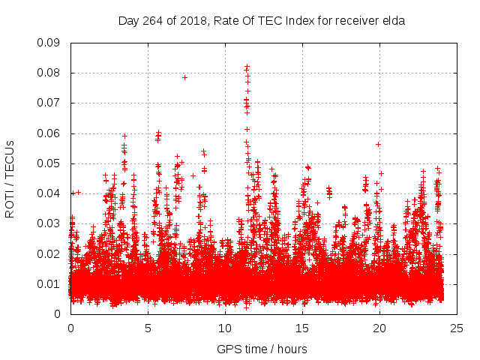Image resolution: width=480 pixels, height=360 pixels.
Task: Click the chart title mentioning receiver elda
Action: click(x=262, y=21)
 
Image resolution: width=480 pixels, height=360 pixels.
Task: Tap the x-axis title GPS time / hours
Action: click(x=262, y=349)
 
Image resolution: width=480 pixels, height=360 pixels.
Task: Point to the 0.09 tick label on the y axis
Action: click(x=49, y=43)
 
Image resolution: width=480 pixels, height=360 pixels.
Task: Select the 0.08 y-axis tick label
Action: click(x=49, y=73)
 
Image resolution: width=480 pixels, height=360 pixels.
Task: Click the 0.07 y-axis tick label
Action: click(x=49, y=103)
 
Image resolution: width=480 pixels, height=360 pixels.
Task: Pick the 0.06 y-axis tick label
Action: click(x=49, y=133)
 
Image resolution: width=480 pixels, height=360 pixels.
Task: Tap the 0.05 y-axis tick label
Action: click(x=49, y=163)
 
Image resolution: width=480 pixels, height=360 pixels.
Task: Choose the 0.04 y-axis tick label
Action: click(x=49, y=193)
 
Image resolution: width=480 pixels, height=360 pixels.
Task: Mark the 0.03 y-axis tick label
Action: click(x=49, y=223)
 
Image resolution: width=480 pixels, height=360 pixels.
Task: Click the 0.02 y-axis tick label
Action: click(x=49, y=253)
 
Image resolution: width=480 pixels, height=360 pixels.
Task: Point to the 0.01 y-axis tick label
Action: click(x=49, y=283)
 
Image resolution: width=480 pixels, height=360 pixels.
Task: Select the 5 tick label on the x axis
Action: click(x=148, y=328)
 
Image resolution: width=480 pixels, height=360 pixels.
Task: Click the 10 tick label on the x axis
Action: click(x=225, y=328)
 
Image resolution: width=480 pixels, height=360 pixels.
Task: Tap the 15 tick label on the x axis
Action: click(x=302, y=328)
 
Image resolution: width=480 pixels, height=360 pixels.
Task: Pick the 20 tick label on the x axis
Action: click(x=379, y=328)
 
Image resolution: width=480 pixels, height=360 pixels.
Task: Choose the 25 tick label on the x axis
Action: click(x=457, y=328)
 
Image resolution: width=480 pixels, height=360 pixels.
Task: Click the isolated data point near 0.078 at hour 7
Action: click(x=184, y=77)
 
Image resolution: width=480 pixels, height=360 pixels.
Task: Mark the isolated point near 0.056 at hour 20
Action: click(x=379, y=144)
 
